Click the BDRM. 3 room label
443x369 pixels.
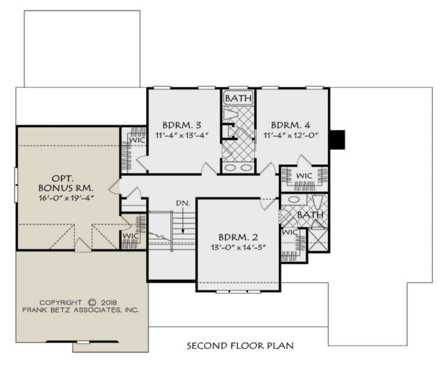(182, 125)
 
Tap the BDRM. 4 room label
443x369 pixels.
(291, 125)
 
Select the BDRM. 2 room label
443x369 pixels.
(238, 237)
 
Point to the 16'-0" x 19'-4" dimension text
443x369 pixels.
(66, 198)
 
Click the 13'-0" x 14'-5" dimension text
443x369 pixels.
(238, 247)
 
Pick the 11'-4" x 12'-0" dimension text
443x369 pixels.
(291, 135)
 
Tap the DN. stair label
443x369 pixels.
(183, 204)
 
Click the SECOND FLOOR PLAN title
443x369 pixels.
(240, 346)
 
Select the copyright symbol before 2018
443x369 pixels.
(92, 302)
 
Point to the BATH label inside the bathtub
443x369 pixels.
(238, 98)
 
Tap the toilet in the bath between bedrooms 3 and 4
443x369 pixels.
(231, 115)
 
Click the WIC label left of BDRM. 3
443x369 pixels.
(137, 140)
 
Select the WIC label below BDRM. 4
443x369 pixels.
(304, 176)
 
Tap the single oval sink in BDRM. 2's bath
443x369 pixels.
(293, 199)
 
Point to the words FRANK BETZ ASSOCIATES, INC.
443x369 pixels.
(80, 310)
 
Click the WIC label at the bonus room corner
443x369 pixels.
(131, 236)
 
